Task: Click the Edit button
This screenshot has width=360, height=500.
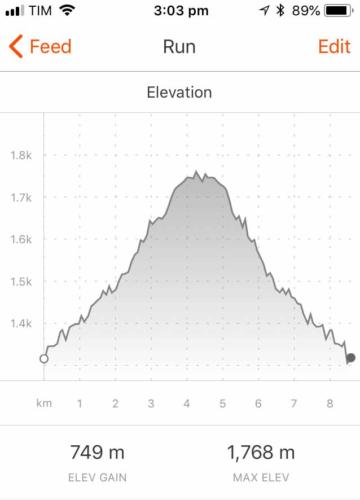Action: click(x=333, y=47)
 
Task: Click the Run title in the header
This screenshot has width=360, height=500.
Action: click(x=180, y=47)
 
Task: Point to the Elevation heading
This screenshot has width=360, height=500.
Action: click(x=180, y=92)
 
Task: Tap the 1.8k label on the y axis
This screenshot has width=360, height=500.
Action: click(x=21, y=155)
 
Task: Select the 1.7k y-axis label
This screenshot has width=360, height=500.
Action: click(x=21, y=197)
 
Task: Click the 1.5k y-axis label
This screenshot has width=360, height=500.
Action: click(x=21, y=281)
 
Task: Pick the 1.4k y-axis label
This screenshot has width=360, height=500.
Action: click(x=21, y=323)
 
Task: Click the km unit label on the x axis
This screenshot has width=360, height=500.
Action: click(x=43, y=403)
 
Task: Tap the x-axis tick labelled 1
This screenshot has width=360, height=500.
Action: click(x=80, y=403)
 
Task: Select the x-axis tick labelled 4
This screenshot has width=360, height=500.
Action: click(x=187, y=403)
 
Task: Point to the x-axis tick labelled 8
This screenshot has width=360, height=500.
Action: click(x=329, y=403)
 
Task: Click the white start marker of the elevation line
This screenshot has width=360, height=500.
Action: click(x=43, y=358)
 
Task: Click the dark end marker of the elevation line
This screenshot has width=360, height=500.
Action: click(x=350, y=357)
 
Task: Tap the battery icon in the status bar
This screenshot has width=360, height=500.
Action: click(x=339, y=11)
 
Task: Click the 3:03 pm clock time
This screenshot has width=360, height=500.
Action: click(x=180, y=11)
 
